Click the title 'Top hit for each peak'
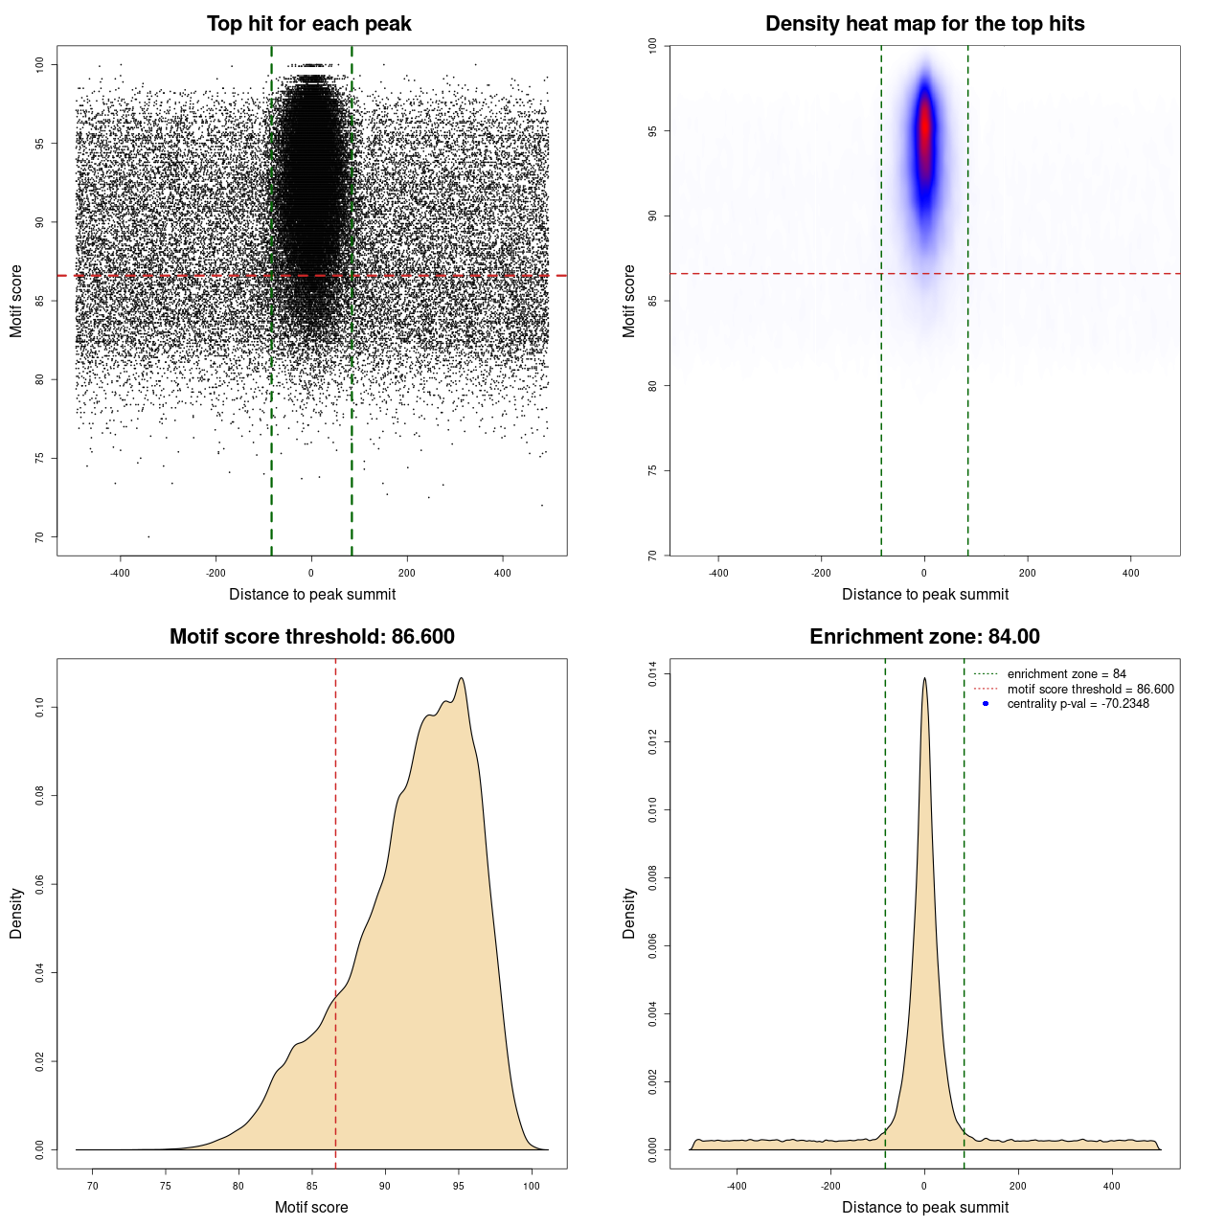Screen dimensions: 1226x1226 (308, 24)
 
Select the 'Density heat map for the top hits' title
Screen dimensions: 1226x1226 (924, 24)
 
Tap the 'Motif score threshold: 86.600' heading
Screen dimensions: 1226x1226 (311, 637)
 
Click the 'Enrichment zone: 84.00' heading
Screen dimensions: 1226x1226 (924, 637)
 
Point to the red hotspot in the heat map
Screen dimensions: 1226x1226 (924, 134)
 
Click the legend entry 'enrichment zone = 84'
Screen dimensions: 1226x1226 (1066, 674)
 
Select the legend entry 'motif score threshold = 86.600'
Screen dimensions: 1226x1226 (1090, 689)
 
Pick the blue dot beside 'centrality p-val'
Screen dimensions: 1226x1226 (986, 704)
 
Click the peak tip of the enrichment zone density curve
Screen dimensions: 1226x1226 (924, 679)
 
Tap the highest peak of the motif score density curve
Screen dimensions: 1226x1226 (462, 679)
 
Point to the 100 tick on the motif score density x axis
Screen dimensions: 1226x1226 (532, 1186)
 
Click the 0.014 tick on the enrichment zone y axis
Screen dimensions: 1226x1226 (652, 674)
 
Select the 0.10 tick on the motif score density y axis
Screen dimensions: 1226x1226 (39, 708)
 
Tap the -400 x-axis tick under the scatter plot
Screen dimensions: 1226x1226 (120, 573)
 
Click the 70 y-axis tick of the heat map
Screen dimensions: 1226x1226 (652, 555)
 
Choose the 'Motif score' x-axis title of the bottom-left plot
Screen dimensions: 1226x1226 (311, 1207)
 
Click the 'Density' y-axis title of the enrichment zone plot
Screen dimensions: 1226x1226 (629, 913)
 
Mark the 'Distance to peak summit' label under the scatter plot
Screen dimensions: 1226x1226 (312, 594)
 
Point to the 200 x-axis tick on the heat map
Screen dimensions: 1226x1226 (1028, 573)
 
